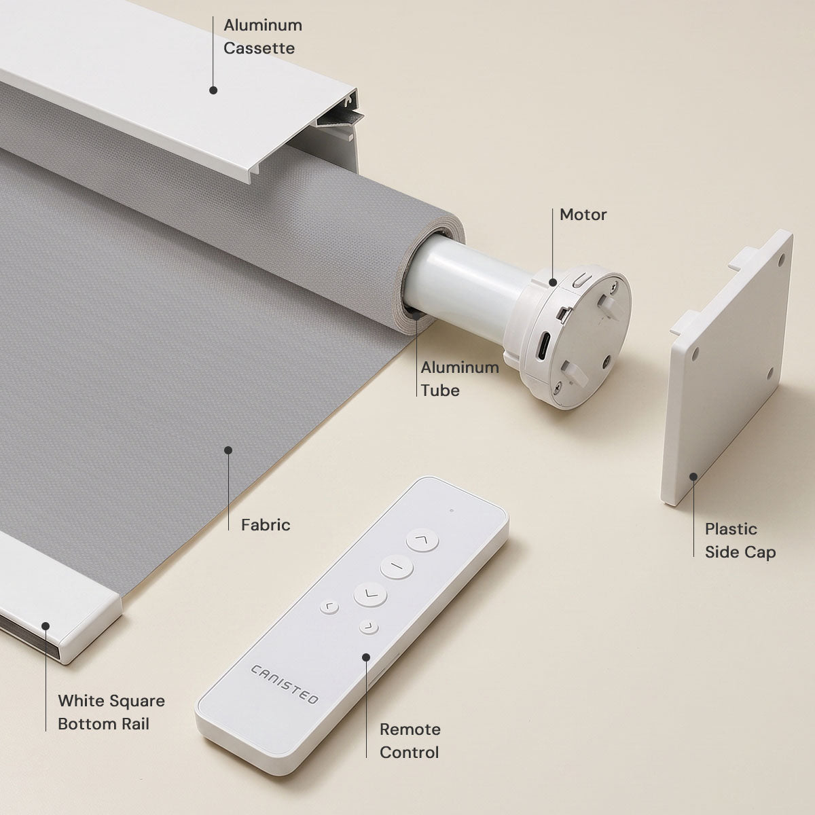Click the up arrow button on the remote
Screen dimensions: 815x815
coord(422,540)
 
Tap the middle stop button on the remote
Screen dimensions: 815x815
coord(396,566)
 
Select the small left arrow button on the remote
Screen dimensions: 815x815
coord(329,607)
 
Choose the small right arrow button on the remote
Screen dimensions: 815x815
coord(369,627)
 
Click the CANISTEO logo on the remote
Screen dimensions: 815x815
coord(285,684)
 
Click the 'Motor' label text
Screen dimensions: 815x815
coord(583,215)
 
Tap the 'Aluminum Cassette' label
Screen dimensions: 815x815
coord(263,37)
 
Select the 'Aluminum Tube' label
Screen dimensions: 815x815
coord(460,378)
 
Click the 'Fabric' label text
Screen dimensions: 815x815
coord(266,525)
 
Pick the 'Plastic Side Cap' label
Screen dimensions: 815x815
coord(740,541)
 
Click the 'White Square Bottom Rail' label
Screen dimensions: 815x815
coord(111,712)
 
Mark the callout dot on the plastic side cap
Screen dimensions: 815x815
coord(693,477)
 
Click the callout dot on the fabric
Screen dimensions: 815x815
coord(228,450)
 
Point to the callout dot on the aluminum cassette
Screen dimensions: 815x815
coord(213,90)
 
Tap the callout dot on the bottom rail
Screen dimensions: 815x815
coord(46,626)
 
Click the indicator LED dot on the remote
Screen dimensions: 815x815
coord(452,511)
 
